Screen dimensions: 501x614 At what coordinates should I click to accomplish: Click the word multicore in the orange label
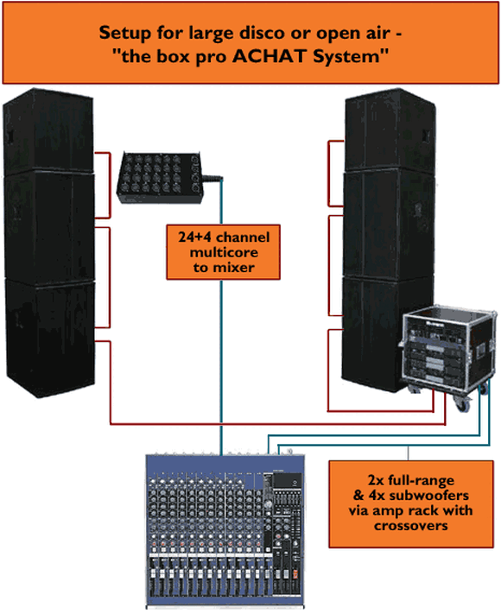(224, 252)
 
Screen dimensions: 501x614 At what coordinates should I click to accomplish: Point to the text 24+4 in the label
(195, 237)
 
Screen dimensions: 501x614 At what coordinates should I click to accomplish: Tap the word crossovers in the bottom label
(411, 525)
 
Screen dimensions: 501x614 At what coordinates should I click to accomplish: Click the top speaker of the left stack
(48, 131)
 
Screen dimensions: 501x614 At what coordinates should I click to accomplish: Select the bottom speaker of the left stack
(50, 337)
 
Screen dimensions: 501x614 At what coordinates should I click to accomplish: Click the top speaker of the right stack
(390, 130)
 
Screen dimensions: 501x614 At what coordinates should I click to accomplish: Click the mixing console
(225, 529)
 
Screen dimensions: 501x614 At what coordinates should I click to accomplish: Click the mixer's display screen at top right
(287, 480)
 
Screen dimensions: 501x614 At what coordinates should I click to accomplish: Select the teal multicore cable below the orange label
(221, 367)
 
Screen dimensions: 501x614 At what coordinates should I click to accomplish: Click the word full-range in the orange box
(422, 480)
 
